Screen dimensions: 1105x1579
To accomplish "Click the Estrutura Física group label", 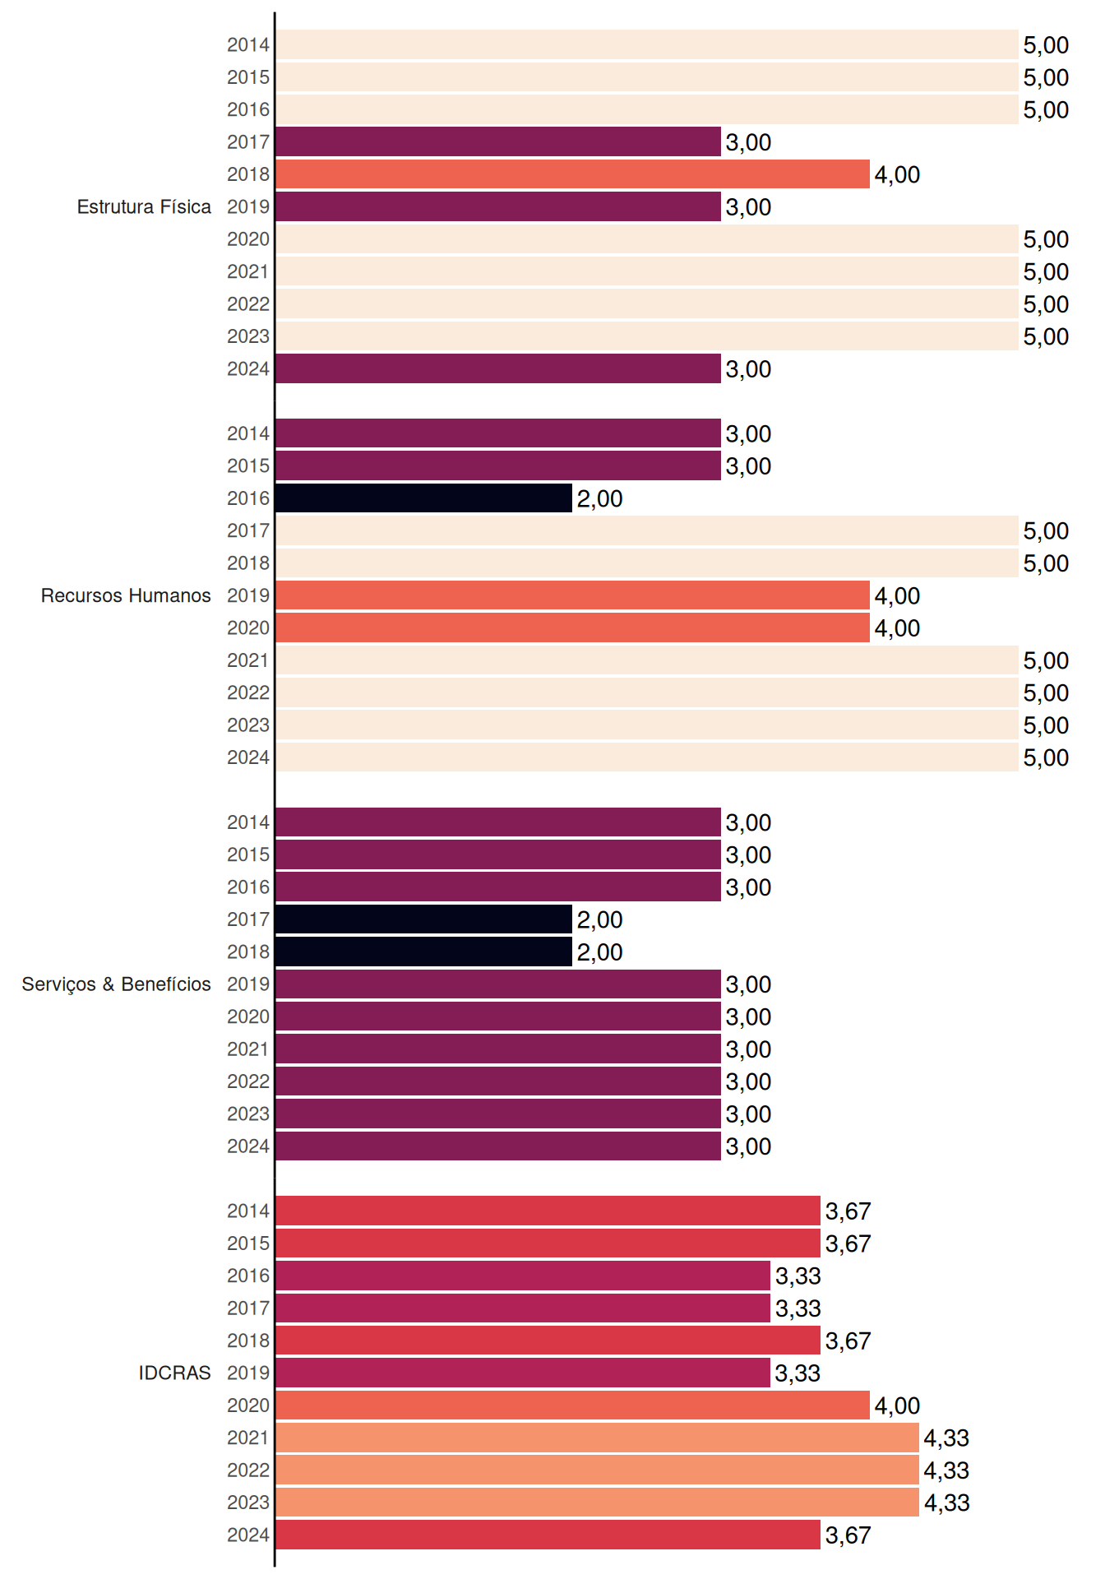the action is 144,206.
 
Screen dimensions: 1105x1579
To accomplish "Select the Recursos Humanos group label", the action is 126,595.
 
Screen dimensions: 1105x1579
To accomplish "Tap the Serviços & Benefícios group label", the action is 116,984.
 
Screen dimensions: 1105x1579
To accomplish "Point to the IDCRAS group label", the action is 174,1373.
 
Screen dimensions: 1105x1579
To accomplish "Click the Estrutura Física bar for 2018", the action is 572,174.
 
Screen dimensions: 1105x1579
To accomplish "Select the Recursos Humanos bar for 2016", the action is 423,498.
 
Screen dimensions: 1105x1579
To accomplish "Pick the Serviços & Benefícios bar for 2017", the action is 423,919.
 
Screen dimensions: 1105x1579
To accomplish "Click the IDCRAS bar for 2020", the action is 572,1405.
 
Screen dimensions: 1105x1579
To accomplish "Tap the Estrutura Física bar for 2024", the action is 498,368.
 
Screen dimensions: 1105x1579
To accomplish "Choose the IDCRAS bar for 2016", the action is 523,1276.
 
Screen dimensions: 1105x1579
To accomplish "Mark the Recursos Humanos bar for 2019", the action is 572,595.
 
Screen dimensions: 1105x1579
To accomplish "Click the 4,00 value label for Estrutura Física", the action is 897,174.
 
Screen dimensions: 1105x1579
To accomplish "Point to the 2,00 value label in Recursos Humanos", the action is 599,498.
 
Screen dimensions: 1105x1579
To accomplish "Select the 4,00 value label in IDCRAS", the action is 897,1405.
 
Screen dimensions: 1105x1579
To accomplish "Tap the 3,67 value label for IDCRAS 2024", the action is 848,1535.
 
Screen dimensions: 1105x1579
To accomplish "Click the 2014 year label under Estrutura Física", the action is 248,44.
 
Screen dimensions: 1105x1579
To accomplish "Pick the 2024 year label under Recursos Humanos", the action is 248,757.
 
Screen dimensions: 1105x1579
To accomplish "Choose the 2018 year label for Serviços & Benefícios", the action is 248,952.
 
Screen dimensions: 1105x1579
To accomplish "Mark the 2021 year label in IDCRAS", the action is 248,1438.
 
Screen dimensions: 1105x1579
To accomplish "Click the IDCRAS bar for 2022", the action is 597,1470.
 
